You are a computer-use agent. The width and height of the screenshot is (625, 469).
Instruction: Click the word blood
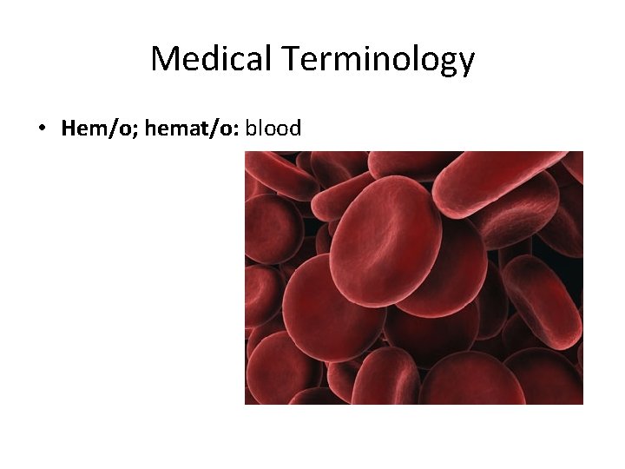tap(273, 129)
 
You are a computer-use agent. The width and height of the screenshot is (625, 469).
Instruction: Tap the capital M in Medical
tap(164, 59)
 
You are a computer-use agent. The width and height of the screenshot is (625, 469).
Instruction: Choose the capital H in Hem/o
tap(69, 129)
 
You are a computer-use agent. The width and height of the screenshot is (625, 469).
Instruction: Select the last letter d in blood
tap(295, 129)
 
